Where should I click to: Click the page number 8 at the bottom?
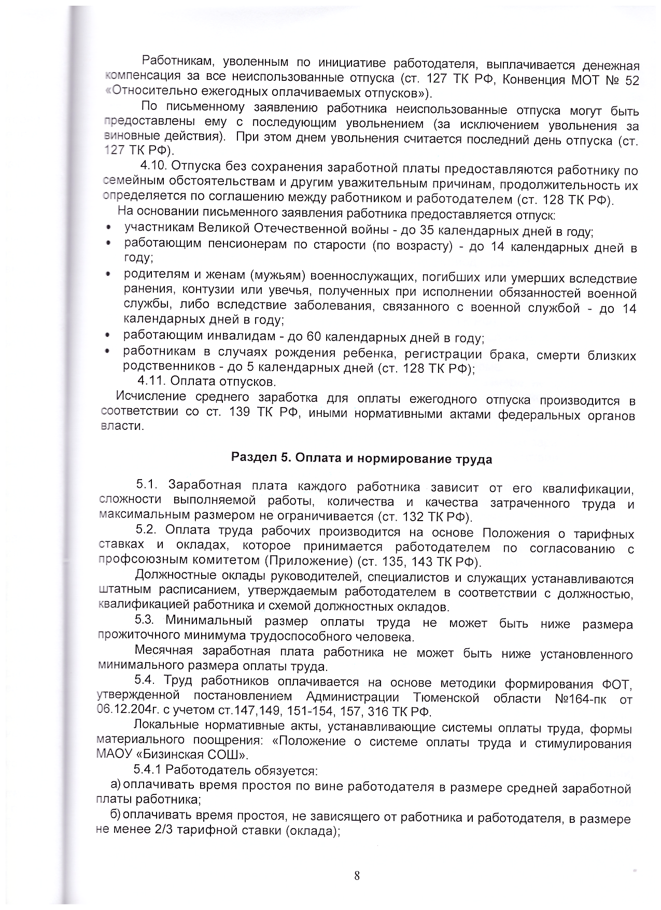pyautogui.click(x=357, y=876)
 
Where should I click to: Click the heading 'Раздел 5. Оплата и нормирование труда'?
pyautogui.click(x=361, y=459)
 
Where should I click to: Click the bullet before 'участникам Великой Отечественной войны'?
pyautogui.click(x=108, y=229)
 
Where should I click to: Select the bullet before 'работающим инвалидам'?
pyautogui.click(x=107, y=336)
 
